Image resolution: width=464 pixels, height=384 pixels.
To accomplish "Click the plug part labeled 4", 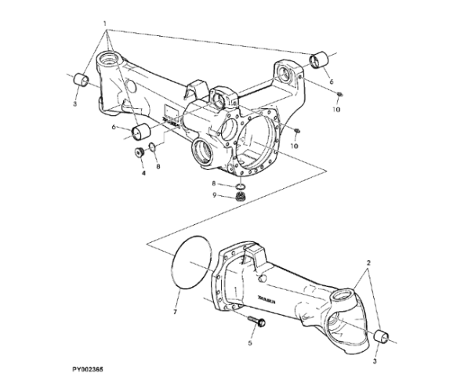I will pos(142,152).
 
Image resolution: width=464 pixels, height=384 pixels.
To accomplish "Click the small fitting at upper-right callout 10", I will pos(339,96).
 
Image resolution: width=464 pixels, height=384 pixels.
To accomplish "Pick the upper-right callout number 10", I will pos(338,110).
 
